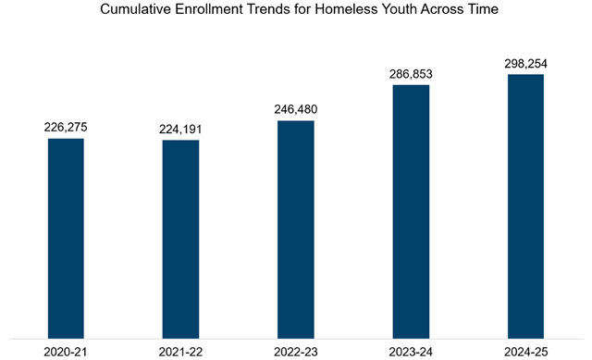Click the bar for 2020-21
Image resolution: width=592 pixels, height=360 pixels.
coord(66,238)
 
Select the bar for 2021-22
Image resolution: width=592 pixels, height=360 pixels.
coord(180,239)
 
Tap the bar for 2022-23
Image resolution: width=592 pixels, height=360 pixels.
coord(295,229)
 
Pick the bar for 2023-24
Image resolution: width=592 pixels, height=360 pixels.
coord(411,211)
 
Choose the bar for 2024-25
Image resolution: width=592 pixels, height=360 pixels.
coord(525,205)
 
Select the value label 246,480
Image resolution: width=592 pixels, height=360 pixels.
coord(295,109)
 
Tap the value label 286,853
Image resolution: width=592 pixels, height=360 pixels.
coord(411,73)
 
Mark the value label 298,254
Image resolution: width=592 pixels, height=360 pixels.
coord(525,63)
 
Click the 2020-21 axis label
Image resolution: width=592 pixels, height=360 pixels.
coord(66,352)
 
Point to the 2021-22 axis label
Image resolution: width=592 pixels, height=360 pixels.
coord(180,352)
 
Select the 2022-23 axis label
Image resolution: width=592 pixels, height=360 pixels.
coord(295,352)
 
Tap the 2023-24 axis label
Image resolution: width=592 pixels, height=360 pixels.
coord(411,352)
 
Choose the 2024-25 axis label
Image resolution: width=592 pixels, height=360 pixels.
coord(525,352)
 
